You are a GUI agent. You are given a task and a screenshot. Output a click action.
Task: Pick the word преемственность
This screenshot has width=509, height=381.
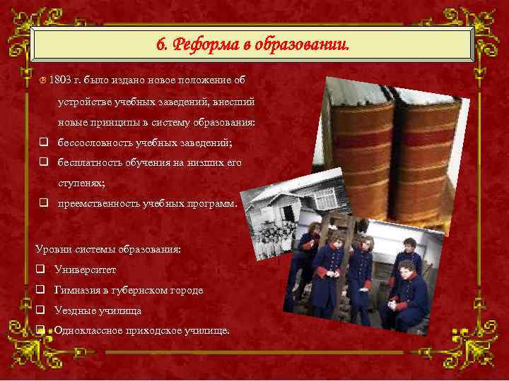click(93, 204)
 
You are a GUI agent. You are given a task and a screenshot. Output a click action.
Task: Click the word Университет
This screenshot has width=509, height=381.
click(85, 270)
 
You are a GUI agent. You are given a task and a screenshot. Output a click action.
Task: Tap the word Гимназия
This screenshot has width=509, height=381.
click(77, 290)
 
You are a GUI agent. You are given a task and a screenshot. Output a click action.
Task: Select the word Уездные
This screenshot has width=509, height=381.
click(74, 310)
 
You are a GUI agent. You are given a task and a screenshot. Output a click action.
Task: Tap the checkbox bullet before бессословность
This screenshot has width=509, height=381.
click(42, 142)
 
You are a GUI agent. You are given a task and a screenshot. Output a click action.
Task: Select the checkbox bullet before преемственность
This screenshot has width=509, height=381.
click(42, 204)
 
